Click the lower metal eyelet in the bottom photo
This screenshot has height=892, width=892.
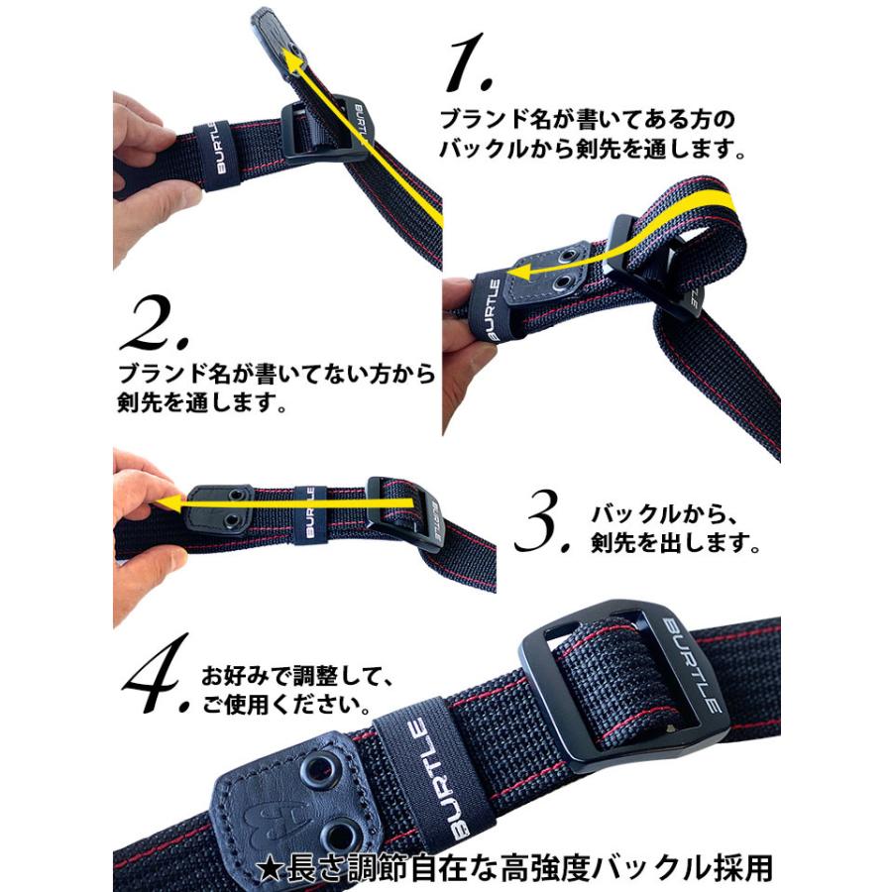coord(344,832)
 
